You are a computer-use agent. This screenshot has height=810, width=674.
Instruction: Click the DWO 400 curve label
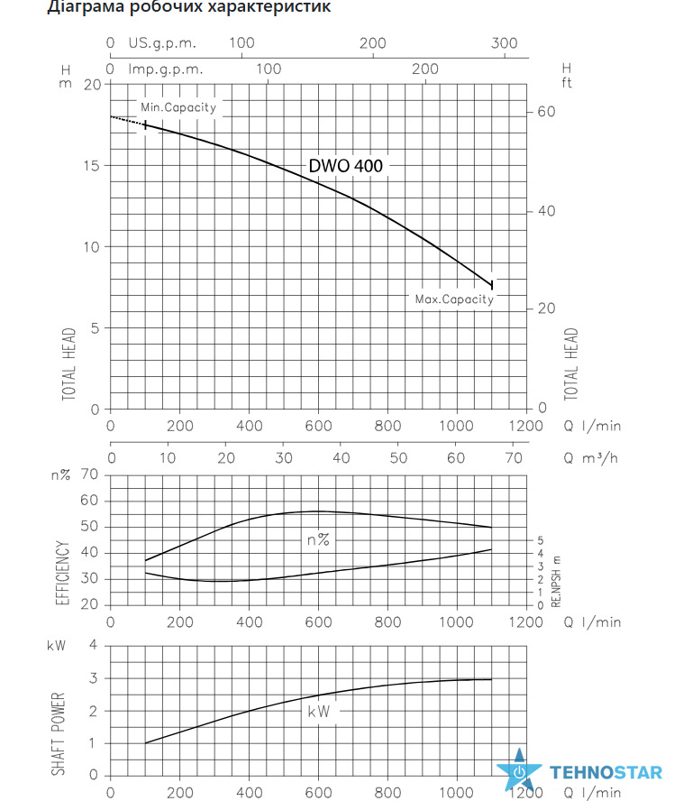coord(345,166)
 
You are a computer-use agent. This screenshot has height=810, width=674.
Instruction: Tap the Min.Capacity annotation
coord(178,107)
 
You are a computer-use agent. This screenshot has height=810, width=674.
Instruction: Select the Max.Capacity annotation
coord(455,299)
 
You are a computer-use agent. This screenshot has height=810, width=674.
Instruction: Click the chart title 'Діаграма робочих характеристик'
coord(189,7)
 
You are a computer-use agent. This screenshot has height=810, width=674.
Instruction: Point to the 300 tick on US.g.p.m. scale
coord(505,43)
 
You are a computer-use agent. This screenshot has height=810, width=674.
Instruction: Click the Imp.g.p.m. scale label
coord(166,69)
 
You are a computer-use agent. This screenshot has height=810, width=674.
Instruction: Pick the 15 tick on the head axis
coord(93,166)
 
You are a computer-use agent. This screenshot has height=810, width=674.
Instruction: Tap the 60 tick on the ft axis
coord(547,112)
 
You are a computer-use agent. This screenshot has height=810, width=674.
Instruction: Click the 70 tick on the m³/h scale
coord(514,457)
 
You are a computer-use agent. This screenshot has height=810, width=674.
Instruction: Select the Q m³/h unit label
coord(590,457)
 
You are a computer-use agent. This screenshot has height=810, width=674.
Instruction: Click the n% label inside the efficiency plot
coord(318,539)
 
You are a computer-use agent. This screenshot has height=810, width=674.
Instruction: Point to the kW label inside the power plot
coord(318,712)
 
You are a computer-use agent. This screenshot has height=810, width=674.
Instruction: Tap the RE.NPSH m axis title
coord(556,581)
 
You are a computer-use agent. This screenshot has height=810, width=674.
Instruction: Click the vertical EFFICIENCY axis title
coord(62,573)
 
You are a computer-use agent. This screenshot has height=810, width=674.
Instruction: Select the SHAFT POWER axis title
coord(59,733)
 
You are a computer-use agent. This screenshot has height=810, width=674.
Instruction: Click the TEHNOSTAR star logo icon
coord(519,770)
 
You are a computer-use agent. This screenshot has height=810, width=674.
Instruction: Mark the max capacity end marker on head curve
coord(492,285)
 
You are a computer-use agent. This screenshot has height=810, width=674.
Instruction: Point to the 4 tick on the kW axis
coord(93,645)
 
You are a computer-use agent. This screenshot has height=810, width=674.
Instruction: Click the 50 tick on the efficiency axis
coord(89,527)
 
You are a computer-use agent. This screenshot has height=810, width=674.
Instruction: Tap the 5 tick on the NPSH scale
coord(541,540)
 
